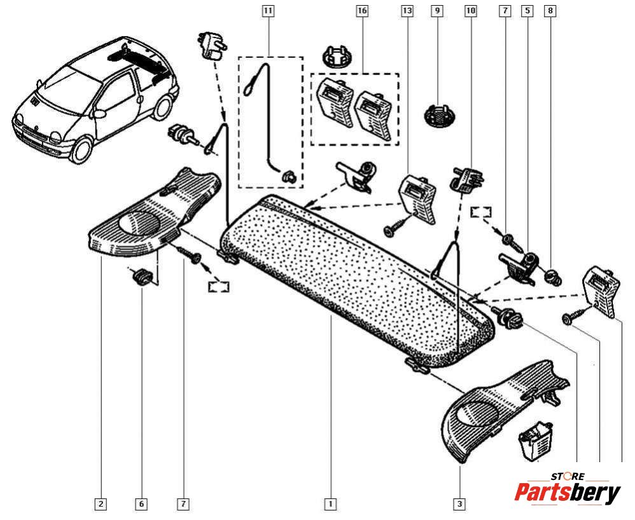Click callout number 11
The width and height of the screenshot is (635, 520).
pyautogui.click(x=268, y=11)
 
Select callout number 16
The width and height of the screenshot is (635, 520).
pyautogui.click(x=361, y=11)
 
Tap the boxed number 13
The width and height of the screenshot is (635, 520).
pyautogui.click(x=407, y=11)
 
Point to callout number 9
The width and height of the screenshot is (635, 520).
pyautogui.click(x=436, y=11)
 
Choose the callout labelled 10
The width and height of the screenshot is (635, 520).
pyautogui.click(x=470, y=11)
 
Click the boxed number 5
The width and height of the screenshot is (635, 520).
pyautogui.click(x=527, y=11)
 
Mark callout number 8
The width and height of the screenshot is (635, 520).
pyautogui.click(x=550, y=11)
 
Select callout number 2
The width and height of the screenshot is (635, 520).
pyautogui.click(x=101, y=504)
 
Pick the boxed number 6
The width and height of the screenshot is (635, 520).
pyautogui.click(x=141, y=504)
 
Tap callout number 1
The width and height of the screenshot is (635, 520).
pyautogui.click(x=330, y=504)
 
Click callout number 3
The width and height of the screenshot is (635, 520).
pyautogui.click(x=459, y=504)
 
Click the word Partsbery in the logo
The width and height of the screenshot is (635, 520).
pyautogui.click(x=568, y=493)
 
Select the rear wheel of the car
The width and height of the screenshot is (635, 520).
pyautogui.click(x=162, y=106)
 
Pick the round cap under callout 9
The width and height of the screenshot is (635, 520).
pyautogui.click(x=440, y=114)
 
